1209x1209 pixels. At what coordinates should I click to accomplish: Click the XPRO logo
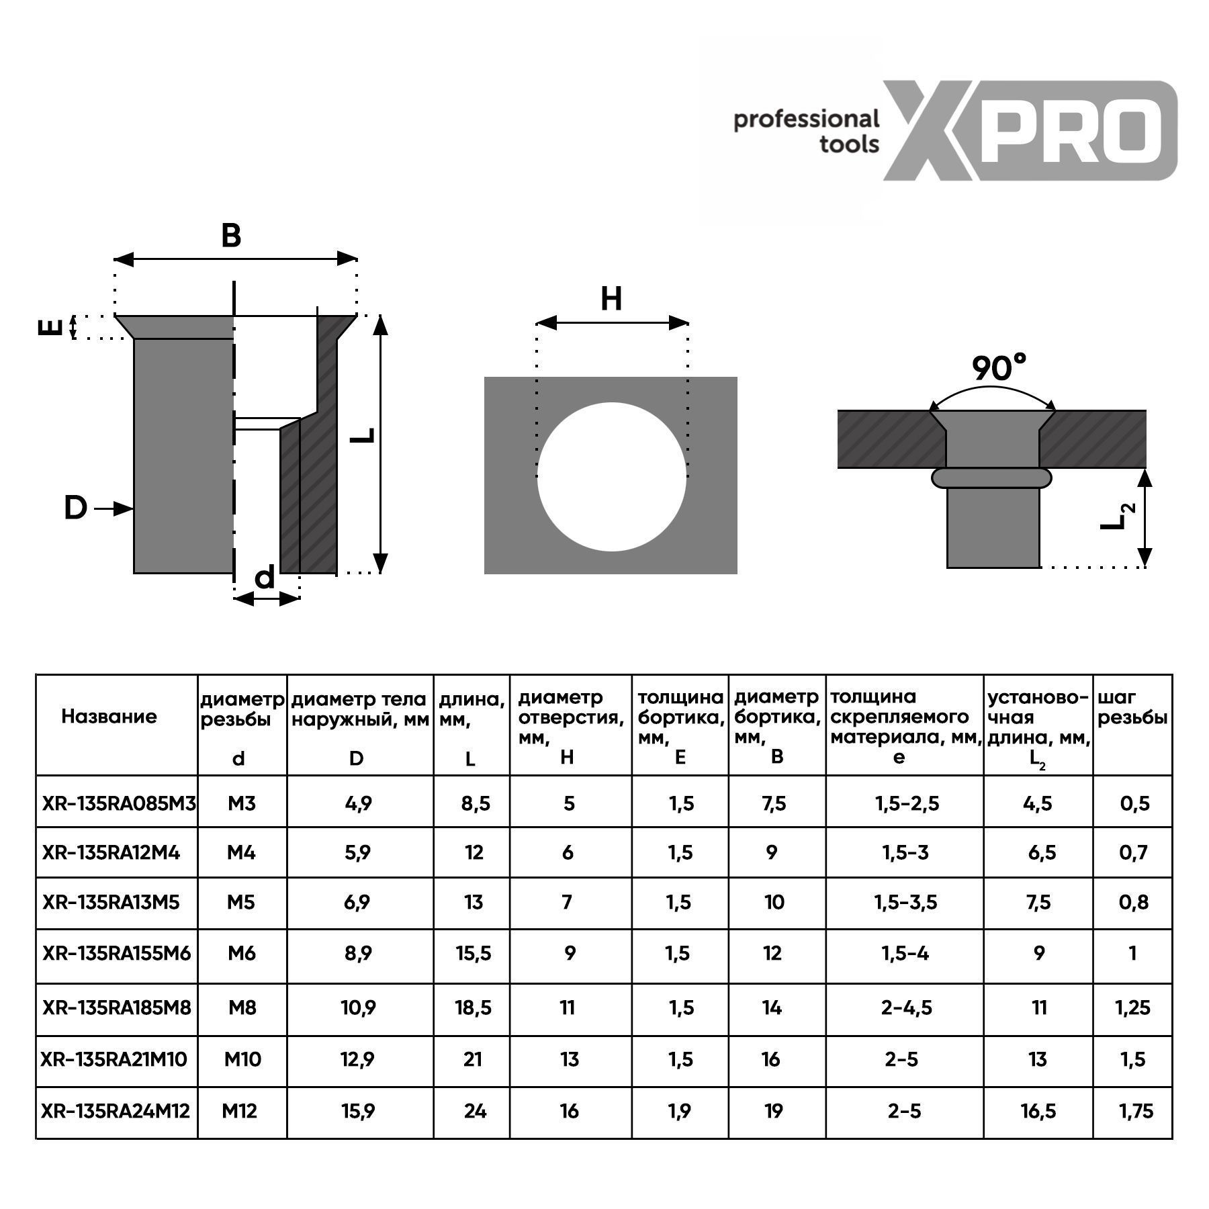click(1029, 130)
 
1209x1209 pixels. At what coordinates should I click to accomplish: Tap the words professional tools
click(806, 131)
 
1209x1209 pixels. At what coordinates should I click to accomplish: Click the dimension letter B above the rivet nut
click(231, 236)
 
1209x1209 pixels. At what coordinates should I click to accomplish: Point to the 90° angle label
click(999, 367)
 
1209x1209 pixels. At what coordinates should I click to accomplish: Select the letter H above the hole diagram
click(611, 299)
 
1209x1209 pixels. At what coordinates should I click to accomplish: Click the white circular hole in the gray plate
click(612, 477)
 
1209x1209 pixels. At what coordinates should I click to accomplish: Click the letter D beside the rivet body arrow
click(75, 508)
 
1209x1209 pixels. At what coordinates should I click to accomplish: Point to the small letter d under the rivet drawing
click(265, 577)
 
